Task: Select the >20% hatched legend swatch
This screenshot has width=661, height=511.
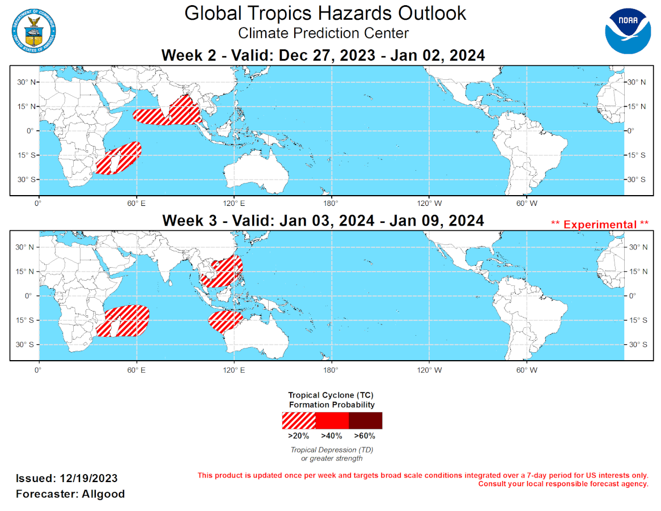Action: [299, 420]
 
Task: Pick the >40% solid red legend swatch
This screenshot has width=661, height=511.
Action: [332, 420]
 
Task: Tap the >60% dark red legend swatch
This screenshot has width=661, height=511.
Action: [365, 420]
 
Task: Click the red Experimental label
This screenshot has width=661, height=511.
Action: [600, 224]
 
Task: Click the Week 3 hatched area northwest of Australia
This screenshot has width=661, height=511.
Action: [226, 320]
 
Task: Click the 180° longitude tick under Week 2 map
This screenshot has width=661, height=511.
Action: [330, 202]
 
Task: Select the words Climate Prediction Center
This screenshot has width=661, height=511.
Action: [323, 33]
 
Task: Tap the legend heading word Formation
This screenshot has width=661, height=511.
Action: [314, 404]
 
